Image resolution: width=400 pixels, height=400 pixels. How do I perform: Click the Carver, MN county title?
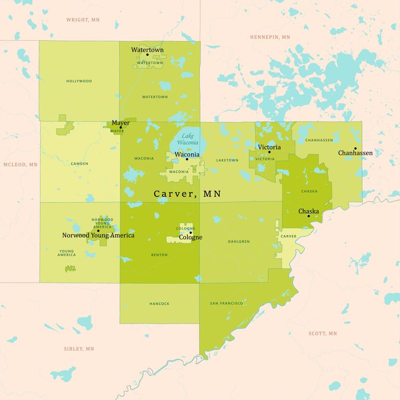point(187,194)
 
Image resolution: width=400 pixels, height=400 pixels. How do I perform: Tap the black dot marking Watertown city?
point(147,55)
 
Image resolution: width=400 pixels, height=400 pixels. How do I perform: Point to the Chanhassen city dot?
point(355,148)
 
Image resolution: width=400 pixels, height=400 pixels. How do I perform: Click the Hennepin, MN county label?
point(270,37)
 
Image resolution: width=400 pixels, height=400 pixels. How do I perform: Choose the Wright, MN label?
point(83,20)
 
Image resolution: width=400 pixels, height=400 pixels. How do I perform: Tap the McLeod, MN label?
point(20,165)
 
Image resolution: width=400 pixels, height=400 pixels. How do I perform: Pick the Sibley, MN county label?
point(79,349)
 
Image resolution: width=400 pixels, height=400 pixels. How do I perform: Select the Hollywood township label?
point(79,81)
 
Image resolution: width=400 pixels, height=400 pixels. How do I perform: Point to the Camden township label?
point(80,164)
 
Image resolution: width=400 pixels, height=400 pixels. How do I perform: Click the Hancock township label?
point(159,304)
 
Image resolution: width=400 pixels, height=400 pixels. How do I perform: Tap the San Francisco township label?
point(227,303)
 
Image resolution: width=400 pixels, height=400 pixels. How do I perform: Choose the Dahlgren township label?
point(239,242)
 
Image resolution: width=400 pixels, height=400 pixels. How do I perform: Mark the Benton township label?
point(159,255)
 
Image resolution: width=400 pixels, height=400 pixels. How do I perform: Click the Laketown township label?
point(227,160)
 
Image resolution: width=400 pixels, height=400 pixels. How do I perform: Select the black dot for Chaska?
point(308,216)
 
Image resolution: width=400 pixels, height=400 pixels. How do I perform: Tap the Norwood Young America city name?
point(98,235)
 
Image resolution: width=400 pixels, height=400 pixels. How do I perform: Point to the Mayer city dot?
point(121,128)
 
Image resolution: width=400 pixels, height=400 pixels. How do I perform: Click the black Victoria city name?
point(269,147)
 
